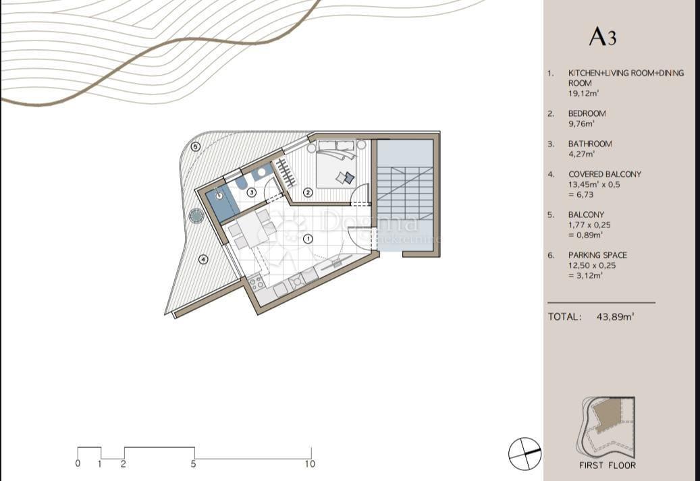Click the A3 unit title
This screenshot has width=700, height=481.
click(602, 36)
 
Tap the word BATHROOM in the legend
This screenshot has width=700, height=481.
click(590, 144)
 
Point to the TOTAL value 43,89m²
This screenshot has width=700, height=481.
click(615, 316)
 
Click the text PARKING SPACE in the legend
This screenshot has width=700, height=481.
click(597, 255)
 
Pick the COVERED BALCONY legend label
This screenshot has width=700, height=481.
click(604, 174)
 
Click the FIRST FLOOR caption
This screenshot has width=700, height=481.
click(607, 465)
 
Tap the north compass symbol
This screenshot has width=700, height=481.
click(524, 453)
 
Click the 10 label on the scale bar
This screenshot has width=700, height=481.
click(310, 464)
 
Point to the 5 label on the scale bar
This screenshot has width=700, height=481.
click(194, 464)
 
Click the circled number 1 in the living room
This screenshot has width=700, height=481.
click(308, 238)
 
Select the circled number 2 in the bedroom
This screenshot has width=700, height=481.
click(308, 192)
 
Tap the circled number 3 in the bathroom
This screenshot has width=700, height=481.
click(251, 192)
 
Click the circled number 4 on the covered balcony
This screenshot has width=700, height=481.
click(203, 259)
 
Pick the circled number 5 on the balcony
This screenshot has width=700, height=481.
click(196, 146)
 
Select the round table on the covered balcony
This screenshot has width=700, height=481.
click(196, 216)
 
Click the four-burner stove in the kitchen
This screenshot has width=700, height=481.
click(257, 284)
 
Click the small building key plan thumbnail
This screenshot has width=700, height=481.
click(607, 426)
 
